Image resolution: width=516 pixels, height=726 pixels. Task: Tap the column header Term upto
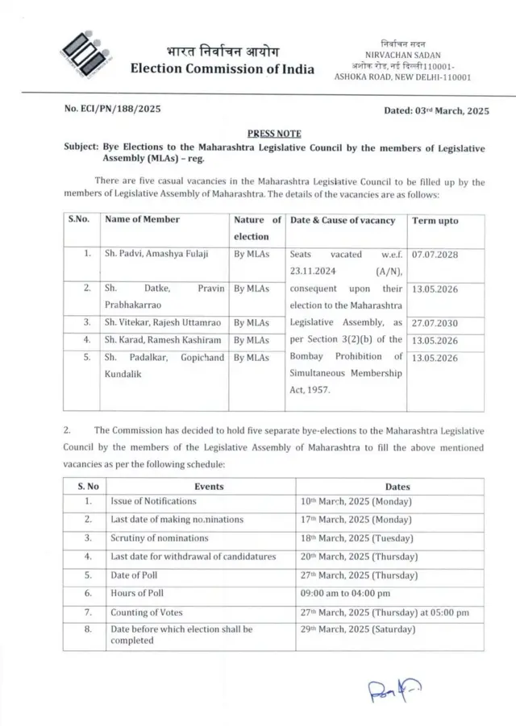(x=435, y=220)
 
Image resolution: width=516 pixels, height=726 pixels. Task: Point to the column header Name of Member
(x=143, y=219)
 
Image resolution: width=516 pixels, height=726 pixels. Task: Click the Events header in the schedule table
(x=209, y=487)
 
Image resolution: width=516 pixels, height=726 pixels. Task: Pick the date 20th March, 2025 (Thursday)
(x=359, y=557)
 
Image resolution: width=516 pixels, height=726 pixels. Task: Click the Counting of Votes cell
(x=147, y=612)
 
